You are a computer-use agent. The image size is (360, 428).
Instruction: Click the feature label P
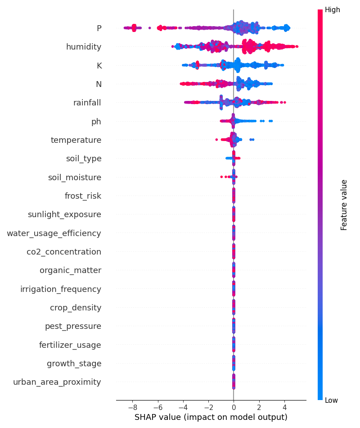tap(99, 28)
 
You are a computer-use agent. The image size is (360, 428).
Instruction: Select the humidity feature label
tap(84, 47)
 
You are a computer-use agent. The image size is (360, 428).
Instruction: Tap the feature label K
tap(99, 66)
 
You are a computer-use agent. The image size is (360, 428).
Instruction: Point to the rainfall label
tap(87, 103)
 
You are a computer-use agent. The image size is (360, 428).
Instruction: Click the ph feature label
tap(96, 122)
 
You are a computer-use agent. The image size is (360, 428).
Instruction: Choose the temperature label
tap(76, 140)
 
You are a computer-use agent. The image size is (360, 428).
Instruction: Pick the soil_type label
tap(84, 159)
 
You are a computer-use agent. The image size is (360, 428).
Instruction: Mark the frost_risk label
tap(83, 196)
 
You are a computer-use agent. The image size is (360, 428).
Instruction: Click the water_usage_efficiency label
tap(54, 233)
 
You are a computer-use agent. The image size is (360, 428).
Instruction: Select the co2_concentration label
tap(64, 252)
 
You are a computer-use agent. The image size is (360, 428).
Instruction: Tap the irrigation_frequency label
tap(61, 289)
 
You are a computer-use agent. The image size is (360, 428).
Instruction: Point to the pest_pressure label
tap(73, 326)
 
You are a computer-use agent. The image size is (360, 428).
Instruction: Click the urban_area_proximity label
tap(57, 382)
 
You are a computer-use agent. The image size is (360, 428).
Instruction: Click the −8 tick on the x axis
tap(132, 407)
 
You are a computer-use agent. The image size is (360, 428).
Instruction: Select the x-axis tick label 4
tap(284, 407)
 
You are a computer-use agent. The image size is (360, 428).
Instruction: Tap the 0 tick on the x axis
tap(234, 407)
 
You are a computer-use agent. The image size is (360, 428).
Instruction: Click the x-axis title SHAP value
tap(211, 417)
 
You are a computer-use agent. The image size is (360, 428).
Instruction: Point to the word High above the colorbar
tap(333, 9)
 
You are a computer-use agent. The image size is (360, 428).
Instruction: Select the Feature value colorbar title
tap(344, 205)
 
